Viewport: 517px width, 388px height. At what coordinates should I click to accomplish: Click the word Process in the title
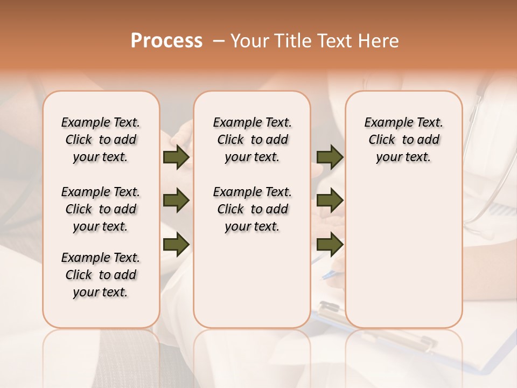pyautogui.click(x=166, y=41)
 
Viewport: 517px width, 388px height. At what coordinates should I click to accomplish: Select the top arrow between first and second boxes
pyautogui.click(x=176, y=157)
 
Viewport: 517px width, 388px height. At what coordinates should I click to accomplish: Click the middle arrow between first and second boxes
pyautogui.click(x=176, y=201)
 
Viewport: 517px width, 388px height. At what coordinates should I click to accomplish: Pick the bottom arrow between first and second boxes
pyautogui.click(x=176, y=245)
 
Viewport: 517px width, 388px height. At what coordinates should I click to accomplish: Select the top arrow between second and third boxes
pyautogui.click(x=330, y=157)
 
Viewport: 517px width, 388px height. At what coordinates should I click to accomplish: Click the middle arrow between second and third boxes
pyautogui.click(x=330, y=200)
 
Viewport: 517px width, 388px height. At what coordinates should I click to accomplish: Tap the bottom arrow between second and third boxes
pyautogui.click(x=330, y=245)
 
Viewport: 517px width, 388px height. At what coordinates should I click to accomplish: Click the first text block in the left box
pyautogui.click(x=101, y=140)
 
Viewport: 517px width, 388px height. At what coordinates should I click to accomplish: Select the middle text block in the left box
pyautogui.click(x=101, y=209)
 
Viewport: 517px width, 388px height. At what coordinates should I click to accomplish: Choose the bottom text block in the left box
pyautogui.click(x=101, y=275)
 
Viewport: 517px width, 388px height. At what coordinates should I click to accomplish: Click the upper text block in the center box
pyautogui.click(x=252, y=140)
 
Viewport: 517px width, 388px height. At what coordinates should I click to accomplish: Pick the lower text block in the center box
pyautogui.click(x=252, y=209)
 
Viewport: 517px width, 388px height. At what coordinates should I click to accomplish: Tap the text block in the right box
pyautogui.click(x=403, y=140)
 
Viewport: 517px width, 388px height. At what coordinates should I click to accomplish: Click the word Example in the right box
pyautogui.click(x=385, y=123)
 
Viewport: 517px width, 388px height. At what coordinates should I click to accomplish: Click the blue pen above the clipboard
pyautogui.click(x=327, y=275)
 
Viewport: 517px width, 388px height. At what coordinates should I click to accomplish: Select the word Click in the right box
pyautogui.click(x=382, y=140)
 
